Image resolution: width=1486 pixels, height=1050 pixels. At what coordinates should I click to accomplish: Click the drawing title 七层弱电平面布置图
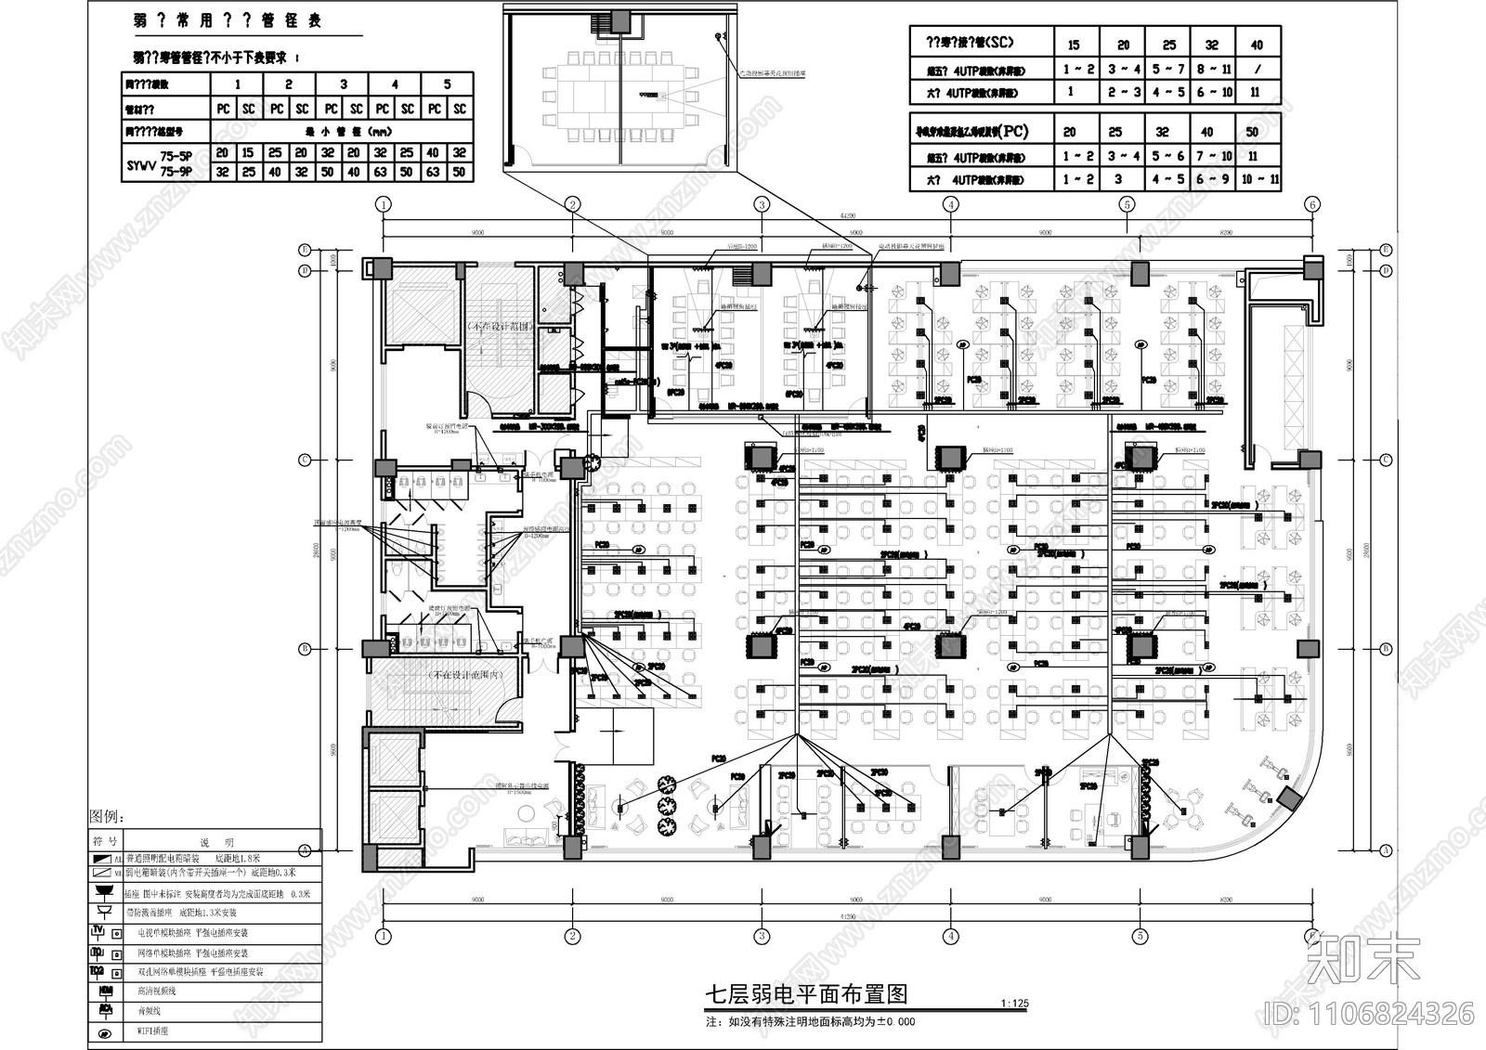coord(805,994)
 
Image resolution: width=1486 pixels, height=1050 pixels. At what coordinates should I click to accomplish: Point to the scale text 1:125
coord(1015,1004)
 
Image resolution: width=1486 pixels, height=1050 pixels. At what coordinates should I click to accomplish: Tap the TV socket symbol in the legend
coord(98,932)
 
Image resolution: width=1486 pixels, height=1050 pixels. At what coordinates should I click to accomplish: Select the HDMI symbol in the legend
coord(105,992)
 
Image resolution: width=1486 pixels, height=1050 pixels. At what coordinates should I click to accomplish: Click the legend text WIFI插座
coord(153,1031)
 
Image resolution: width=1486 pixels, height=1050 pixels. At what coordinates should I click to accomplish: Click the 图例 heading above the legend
coord(106,817)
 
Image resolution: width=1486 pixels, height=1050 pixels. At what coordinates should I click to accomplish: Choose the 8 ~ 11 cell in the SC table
coord(1213,69)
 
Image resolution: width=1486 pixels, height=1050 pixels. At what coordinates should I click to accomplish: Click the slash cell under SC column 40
coord(1257,69)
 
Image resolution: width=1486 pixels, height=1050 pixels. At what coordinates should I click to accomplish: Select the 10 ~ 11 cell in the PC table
coord(1258,179)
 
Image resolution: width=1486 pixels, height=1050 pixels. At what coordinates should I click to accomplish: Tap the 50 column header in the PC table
coord(1253,132)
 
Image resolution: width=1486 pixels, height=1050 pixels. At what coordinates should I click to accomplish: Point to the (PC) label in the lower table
coord(1013,131)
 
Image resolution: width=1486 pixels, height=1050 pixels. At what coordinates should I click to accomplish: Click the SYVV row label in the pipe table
coord(138,163)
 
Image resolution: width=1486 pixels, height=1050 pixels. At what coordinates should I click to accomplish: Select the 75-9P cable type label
coord(176,172)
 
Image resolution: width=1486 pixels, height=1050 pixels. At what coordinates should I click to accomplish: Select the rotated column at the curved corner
coord(1289,797)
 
